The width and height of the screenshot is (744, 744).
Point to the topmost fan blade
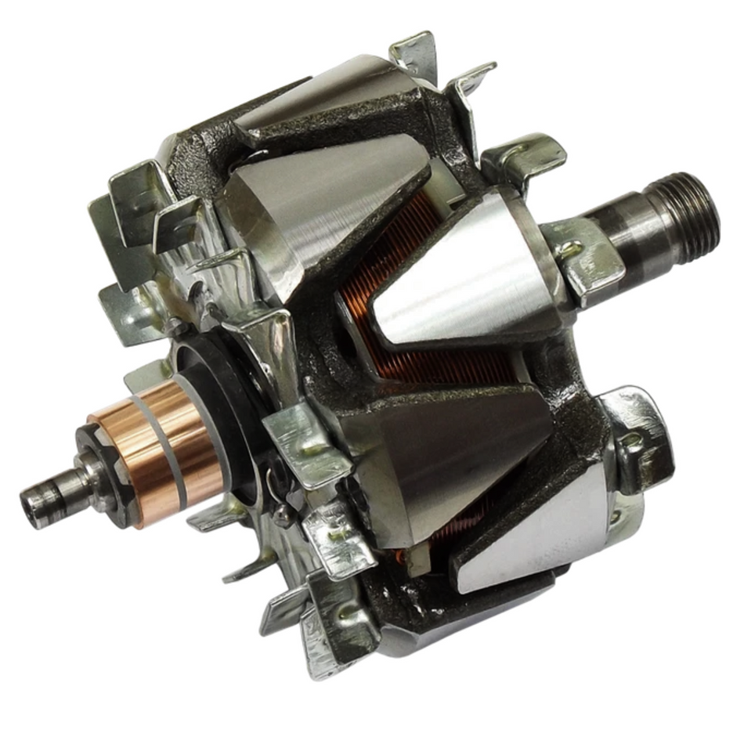pos(415,55)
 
